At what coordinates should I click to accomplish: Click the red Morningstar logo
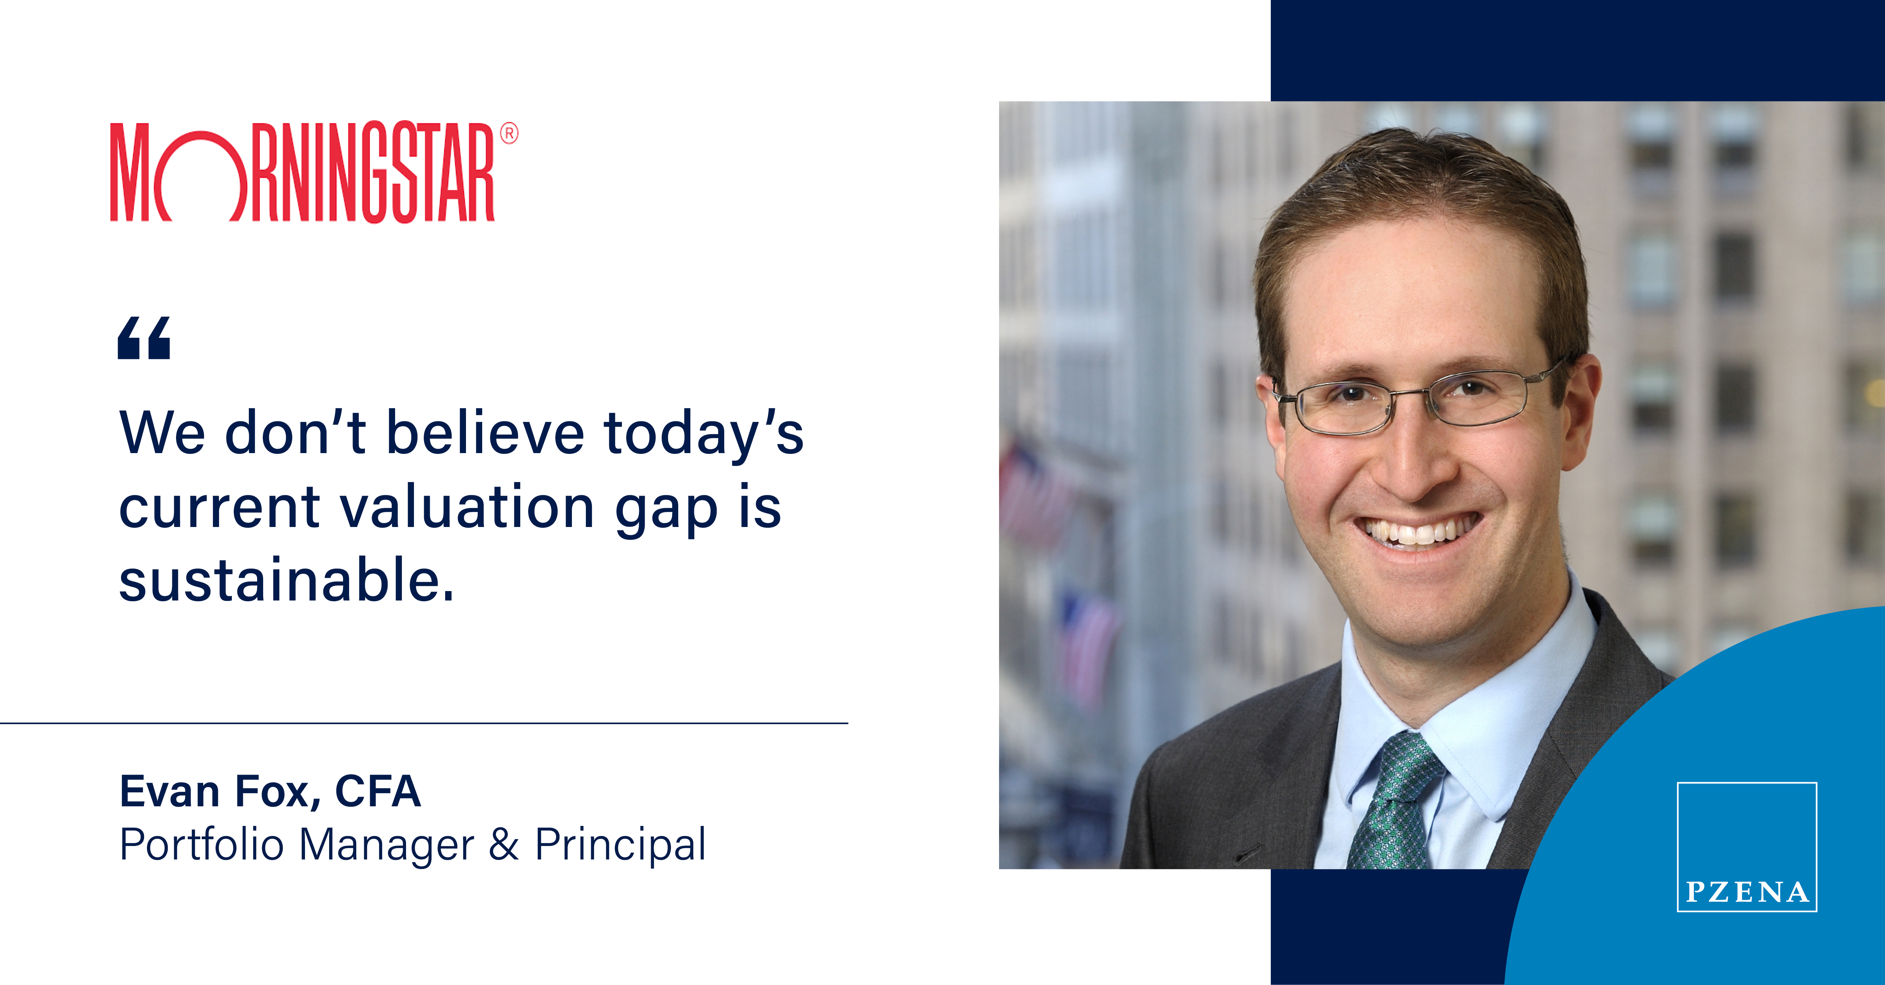313,173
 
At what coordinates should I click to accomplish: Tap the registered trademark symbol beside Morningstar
509,133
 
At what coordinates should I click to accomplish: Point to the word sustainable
287,580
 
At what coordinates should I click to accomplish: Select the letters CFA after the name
378,791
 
